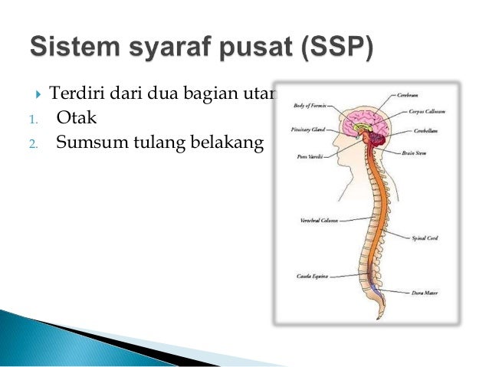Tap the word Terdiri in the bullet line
(74, 96)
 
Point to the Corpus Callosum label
(426, 112)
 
